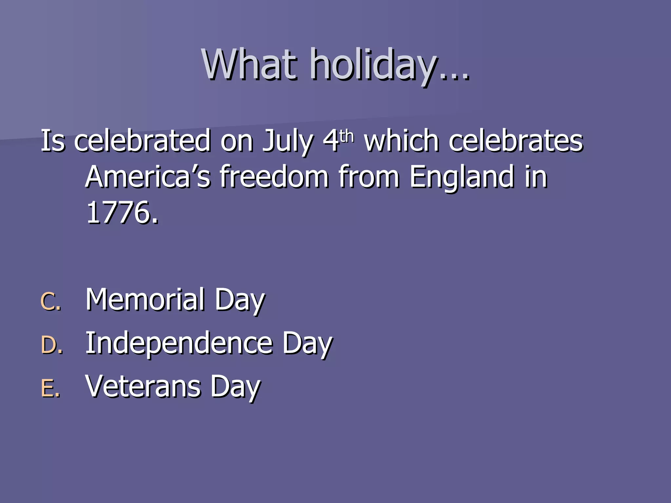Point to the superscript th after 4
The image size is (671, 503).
click(x=347, y=136)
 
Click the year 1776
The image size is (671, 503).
click(x=122, y=213)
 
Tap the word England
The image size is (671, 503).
click(x=462, y=177)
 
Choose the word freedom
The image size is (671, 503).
click(x=274, y=177)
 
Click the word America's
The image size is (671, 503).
click(x=148, y=177)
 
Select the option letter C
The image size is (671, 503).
click(x=50, y=301)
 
